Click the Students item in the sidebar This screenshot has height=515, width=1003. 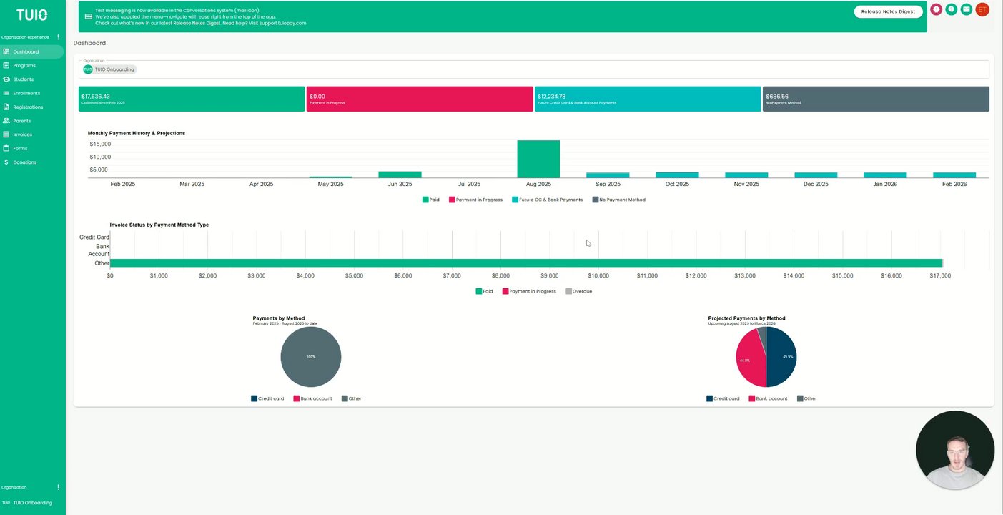[x=23, y=79]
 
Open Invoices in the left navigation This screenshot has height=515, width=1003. [x=22, y=134]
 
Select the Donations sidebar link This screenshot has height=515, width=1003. [x=24, y=162]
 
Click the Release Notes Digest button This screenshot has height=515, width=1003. [x=888, y=11]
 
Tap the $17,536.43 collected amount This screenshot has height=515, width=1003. [x=96, y=97]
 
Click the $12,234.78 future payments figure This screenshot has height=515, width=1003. [x=552, y=97]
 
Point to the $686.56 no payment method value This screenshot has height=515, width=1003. [x=777, y=97]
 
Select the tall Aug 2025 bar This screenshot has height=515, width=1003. [x=538, y=159]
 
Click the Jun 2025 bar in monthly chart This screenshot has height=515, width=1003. [x=400, y=175]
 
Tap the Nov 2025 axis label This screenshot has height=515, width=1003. [x=746, y=185]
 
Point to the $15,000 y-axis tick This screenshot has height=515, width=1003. [x=100, y=144]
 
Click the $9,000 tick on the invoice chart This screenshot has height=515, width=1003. [x=549, y=275]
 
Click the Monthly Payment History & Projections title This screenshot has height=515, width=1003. [x=137, y=133]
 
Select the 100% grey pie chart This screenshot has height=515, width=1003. [x=311, y=357]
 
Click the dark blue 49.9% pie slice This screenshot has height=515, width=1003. [x=781, y=357]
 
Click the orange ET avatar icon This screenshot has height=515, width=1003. [x=982, y=9]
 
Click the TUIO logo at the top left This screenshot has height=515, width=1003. [x=32, y=15]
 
